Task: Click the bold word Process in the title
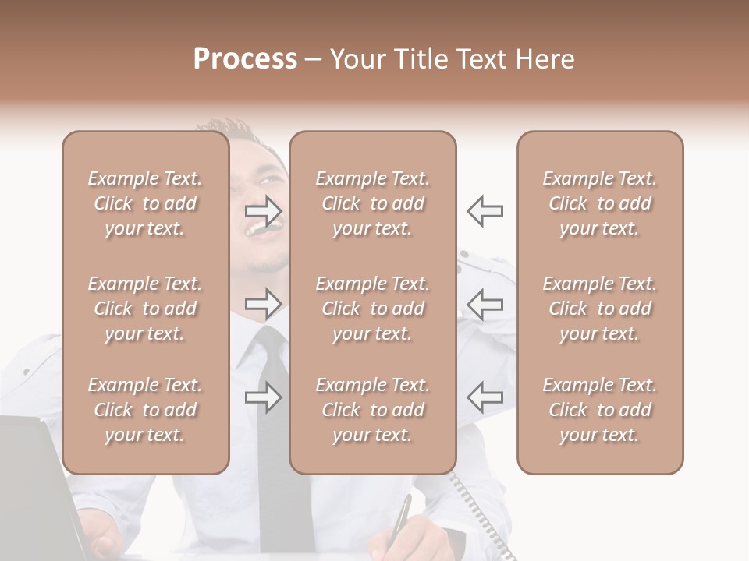click(x=245, y=59)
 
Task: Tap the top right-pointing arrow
click(x=263, y=210)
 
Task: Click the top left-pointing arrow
click(x=485, y=210)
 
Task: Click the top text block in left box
click(x=145, y=203)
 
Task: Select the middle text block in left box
click(x=145, y=309)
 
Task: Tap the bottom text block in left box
click(x=145, y=410)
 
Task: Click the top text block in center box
click(x=373, y=203)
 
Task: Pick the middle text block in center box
click(x=373, y=309)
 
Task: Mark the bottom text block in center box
click(x=373, y=410)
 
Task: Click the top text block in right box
click(x=600, y=203)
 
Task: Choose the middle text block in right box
click(x=600, y=309)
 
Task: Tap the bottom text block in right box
click(x=600, y=410)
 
